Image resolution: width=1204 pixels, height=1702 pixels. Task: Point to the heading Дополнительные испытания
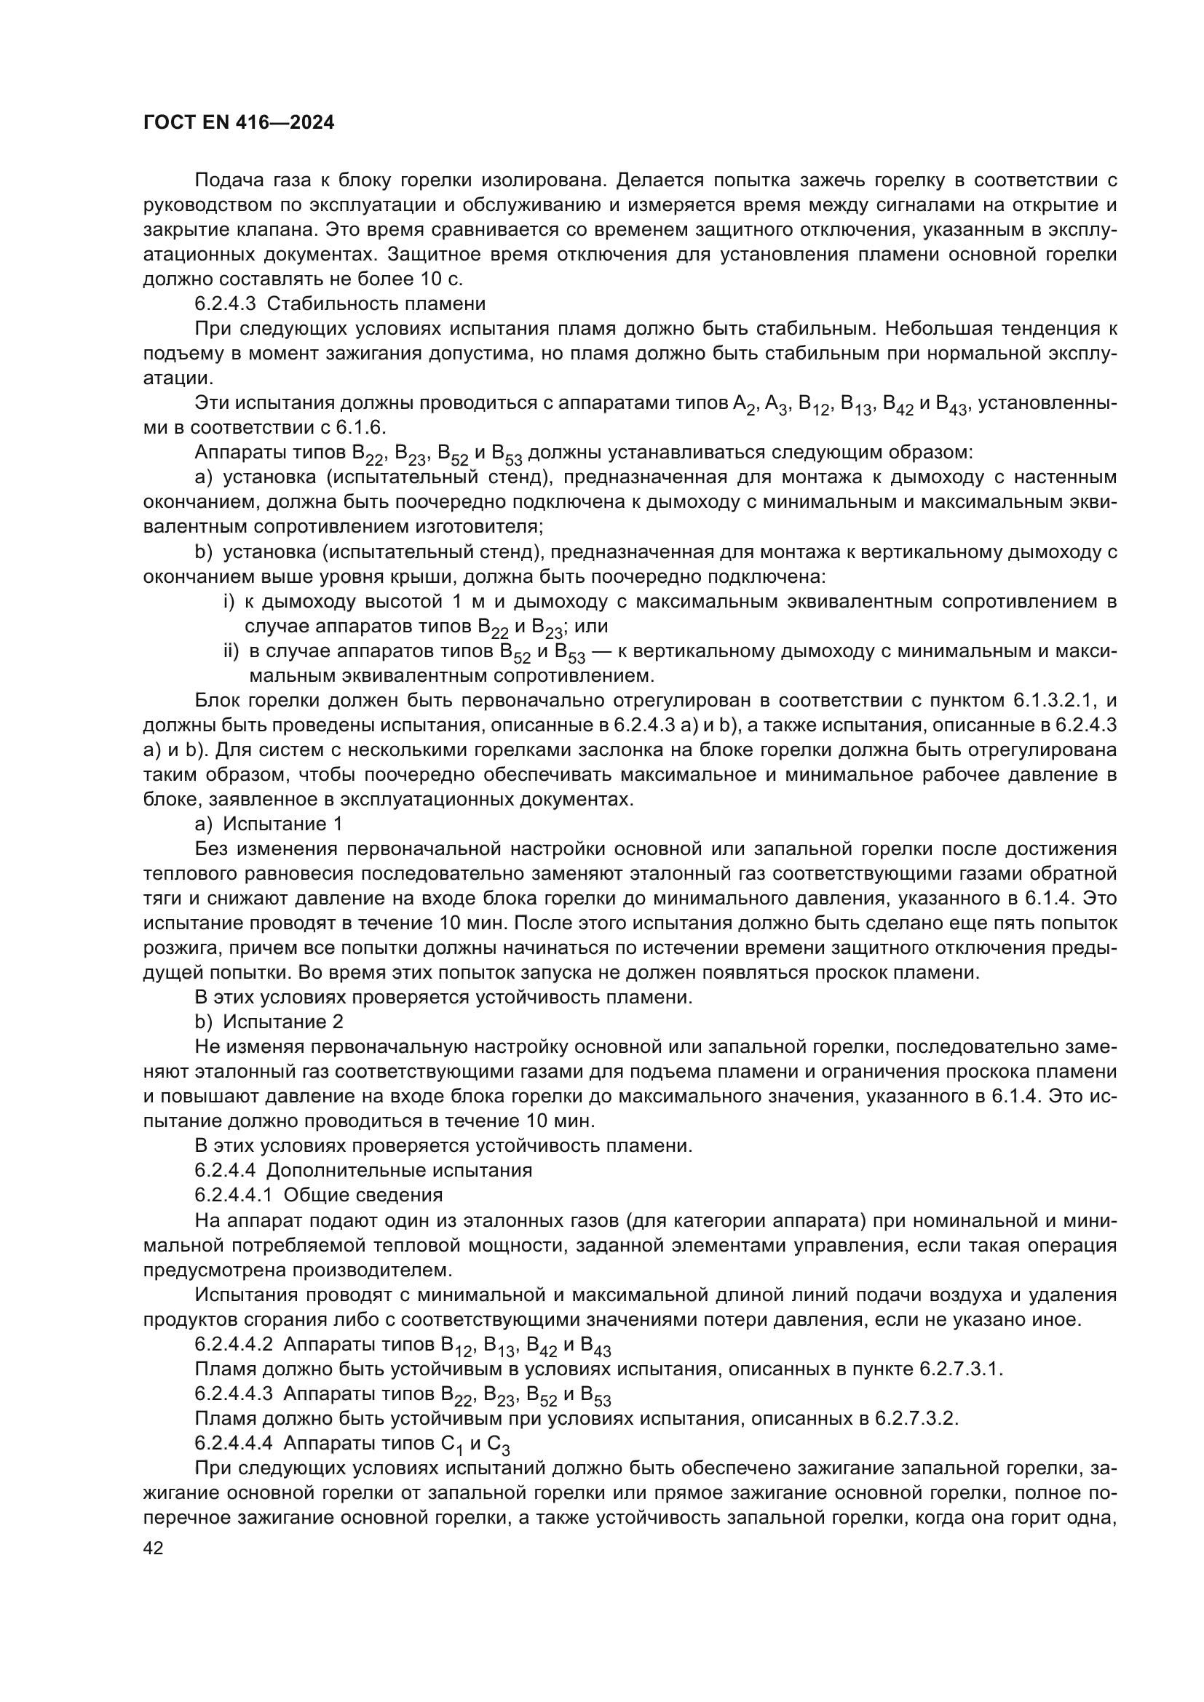point(399,1171)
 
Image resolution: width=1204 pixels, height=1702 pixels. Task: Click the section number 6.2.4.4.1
point(234,1195)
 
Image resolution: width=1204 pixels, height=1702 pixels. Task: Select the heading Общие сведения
point(363,1195)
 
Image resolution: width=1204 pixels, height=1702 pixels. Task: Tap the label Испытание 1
point(282,824)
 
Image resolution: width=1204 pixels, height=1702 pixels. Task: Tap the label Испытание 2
point(282,1022)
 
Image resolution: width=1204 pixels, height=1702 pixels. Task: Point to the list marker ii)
point(231,651)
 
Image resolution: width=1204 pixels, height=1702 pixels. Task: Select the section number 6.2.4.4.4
point(234,1442)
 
